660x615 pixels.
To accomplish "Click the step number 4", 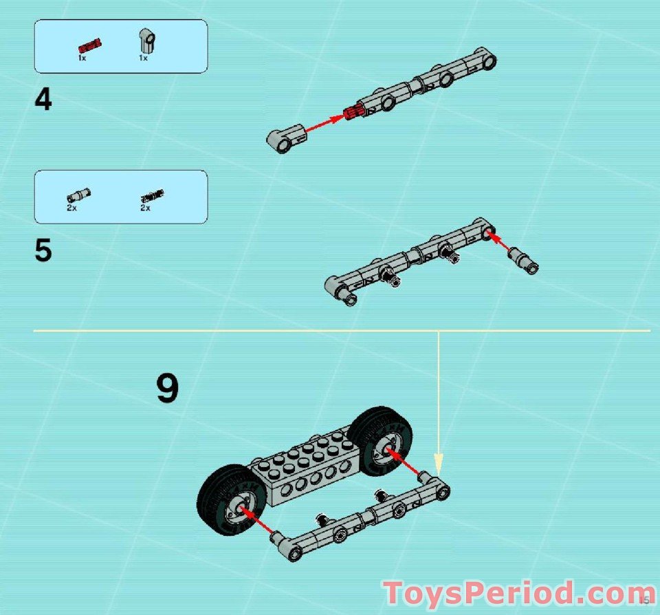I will tap(43, 100).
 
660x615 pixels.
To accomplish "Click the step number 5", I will tap(43, 251).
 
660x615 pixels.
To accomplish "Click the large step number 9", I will tap(167, 389).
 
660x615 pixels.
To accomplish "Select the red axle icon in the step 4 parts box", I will tap(90, 46).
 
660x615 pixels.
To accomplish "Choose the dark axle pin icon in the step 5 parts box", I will tap(147, 197).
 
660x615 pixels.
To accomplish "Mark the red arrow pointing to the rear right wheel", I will tap(405, 463).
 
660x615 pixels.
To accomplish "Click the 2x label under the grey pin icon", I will tap(71, 208).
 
